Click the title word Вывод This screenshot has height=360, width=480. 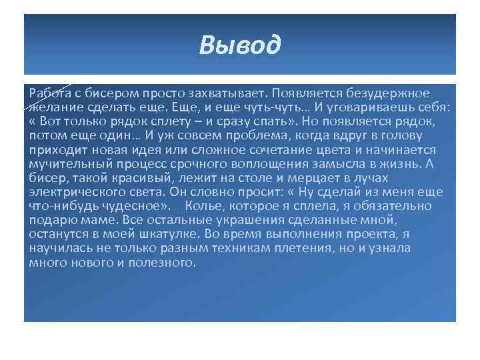[240, 46]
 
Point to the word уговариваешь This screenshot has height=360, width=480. [375, 107]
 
